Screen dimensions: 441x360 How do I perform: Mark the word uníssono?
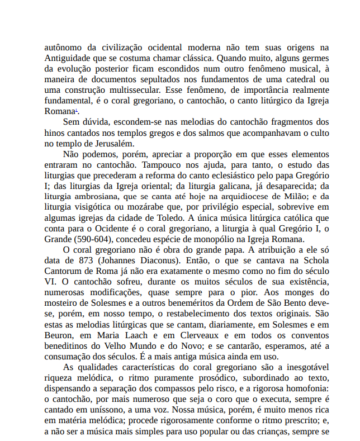click(114, 409)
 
